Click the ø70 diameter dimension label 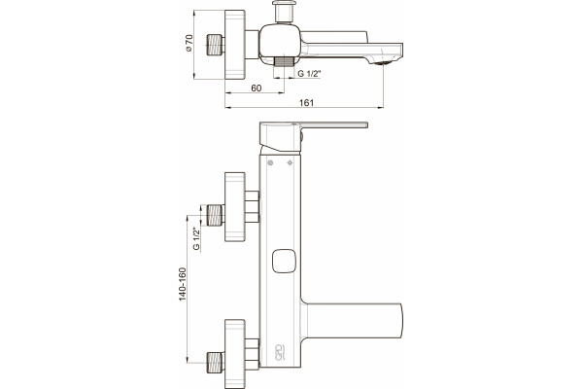click(189, 43)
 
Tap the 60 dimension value click(257, 88)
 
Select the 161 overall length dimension click(307, 103)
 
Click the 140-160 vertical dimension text click(183, 284)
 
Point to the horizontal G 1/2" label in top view click(309, 74)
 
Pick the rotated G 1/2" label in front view click(196, 239)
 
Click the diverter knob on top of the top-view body click(284, 12)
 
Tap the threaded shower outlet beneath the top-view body click(285, 62)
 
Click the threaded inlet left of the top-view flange click(216, 45)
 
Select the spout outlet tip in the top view click(385, 62)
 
